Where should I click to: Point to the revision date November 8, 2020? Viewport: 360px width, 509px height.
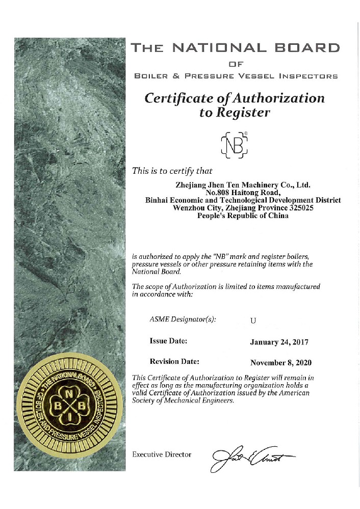coord(280,363)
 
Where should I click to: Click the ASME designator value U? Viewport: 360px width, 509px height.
coord(252,320)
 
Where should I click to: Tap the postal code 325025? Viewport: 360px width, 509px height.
coord(305,208)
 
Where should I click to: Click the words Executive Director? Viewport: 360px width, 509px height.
coord(162,454)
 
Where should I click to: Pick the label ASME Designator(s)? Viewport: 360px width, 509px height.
coord(183,319)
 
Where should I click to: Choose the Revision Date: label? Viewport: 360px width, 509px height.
coord(174,361)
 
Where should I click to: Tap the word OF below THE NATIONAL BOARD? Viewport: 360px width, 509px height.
coord(235,64)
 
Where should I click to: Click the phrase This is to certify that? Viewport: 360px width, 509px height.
coord(172,171)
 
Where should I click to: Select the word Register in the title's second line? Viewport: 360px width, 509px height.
coord(243,113)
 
